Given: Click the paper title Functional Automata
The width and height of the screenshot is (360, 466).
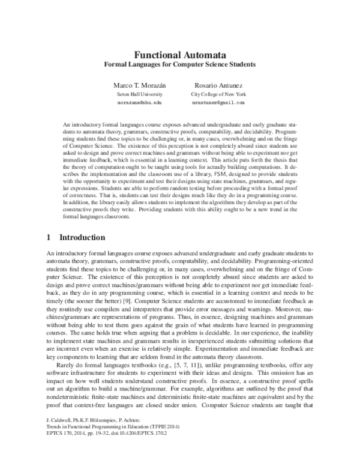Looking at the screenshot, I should (180, 53).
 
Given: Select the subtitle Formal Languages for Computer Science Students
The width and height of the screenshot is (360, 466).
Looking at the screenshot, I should (180, 64).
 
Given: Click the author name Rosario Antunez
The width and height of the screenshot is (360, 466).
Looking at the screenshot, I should (218, 85).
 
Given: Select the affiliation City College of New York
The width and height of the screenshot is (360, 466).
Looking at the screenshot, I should (218, 94).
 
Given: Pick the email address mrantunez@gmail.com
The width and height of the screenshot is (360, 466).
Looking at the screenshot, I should (218, 103).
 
